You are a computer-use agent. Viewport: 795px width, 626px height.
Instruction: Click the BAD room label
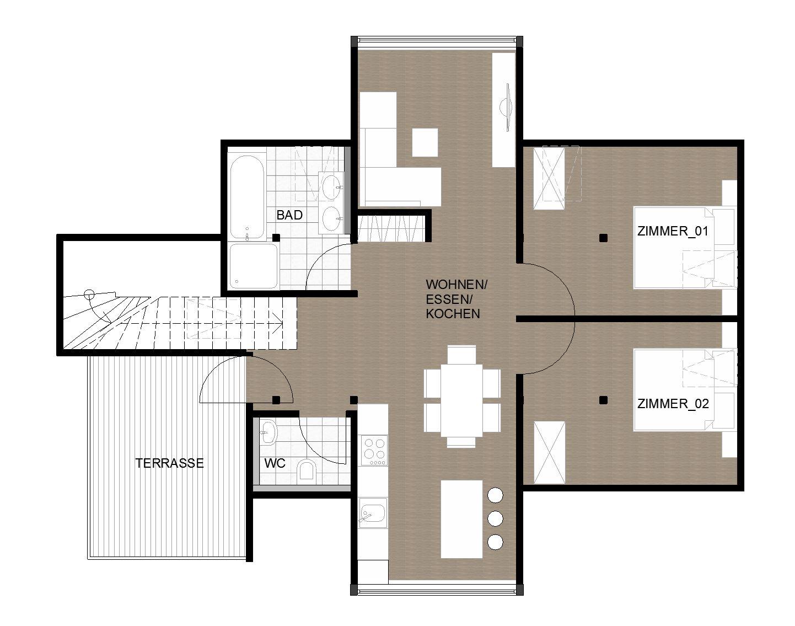point(289,215)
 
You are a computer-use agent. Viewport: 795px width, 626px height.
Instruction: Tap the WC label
point(275,463)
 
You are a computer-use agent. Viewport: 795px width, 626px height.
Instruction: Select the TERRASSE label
point(170,463)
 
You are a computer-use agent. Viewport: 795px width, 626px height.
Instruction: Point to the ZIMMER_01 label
point(673,231)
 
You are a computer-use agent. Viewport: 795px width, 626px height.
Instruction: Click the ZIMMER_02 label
point(673,404)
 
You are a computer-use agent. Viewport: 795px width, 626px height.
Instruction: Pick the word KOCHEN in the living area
point(453,314)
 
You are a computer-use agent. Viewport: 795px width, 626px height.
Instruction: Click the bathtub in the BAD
point(247,197)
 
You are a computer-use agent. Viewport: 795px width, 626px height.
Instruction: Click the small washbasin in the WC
point(268,432)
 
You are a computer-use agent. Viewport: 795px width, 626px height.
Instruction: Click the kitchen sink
point(373,512)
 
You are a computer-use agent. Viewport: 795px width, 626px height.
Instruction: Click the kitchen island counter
point(462,519)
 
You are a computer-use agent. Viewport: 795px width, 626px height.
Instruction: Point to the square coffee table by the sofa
point(425,142)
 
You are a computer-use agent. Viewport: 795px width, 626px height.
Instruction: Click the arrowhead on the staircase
point(278,323)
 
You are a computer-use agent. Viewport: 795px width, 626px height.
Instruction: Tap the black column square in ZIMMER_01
point(603,238)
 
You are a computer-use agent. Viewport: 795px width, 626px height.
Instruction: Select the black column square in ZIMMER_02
point(603,400)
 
